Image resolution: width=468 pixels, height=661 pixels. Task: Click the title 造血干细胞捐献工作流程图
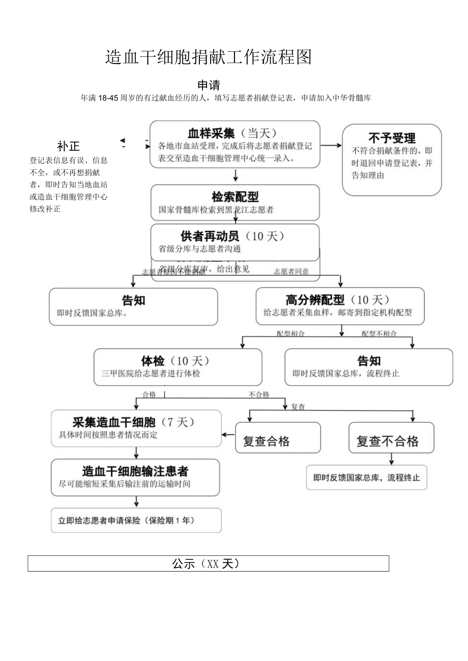[x=208, y=57]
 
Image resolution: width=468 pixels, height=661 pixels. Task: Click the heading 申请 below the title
[x=209, y=85]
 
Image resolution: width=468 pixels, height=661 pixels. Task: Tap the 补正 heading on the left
[x=68, y=146]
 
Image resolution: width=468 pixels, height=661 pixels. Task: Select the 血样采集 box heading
[x=211, y=133]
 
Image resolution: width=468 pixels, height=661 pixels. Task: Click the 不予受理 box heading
[x=392, y=138]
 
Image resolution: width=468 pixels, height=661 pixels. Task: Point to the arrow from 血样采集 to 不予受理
[x=331, y=145]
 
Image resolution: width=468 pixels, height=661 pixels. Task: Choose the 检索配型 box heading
[x=235, y=197]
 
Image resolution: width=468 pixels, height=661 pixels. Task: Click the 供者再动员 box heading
[x=210, y=236]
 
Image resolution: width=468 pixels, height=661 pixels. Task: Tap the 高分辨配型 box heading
[x=315, y=300]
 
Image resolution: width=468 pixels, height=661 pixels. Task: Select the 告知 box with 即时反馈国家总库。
[x=133, y=306]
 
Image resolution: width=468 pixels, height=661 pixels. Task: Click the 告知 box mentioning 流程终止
[x=368, y=366]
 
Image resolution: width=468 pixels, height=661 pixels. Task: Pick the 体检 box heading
[x=153, y=361]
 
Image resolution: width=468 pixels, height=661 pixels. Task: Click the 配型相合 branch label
[x=291, y=334]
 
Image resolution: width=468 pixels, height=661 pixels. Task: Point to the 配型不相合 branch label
[x=379, y=334]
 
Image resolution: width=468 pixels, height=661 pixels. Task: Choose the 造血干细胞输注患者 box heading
[x=135, y=471]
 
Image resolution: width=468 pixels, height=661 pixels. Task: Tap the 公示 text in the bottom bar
[x=181, y=563]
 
